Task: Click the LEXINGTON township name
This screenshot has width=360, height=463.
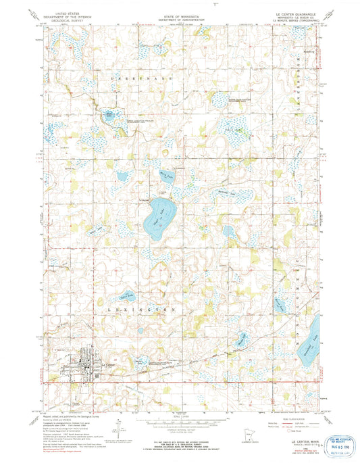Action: click(x=143, y=308)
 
